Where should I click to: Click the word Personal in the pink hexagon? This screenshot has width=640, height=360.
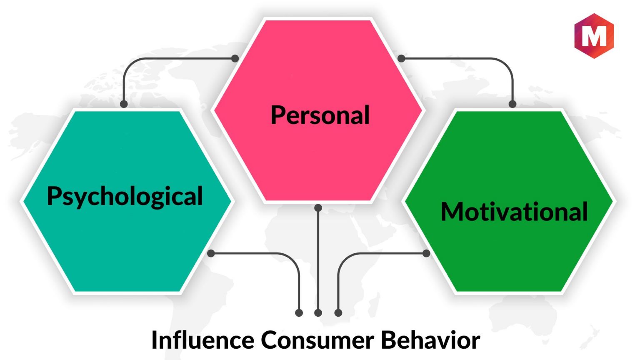point(320,115)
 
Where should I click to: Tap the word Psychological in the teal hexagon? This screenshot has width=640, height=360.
point(125,197)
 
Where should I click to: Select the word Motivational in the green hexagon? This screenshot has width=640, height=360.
point(514,212)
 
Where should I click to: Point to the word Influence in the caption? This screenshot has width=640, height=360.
point(202,340)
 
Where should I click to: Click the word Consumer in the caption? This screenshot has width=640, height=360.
point(317,340)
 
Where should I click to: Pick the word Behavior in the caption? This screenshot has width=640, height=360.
point(431,340)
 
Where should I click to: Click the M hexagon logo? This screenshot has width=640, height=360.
point(594,36)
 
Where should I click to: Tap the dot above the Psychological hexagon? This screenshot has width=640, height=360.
point(124,104)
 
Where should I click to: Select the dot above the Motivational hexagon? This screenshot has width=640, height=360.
point(512,104)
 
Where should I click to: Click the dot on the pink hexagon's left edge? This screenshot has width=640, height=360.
point(235,59)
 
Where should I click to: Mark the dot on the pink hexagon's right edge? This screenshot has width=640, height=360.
point(401,59)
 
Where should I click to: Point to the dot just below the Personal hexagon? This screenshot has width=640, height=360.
point(318,208)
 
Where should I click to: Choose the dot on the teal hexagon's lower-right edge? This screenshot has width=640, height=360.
point(211,253)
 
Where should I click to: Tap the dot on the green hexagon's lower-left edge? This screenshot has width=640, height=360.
point(426,253)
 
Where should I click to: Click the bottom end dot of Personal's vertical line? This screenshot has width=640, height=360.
point(318,313)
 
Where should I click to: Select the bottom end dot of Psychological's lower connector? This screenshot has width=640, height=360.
point(299,313)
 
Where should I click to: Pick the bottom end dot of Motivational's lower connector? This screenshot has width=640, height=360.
point(338,313)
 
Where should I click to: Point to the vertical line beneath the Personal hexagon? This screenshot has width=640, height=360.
point(318,260)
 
